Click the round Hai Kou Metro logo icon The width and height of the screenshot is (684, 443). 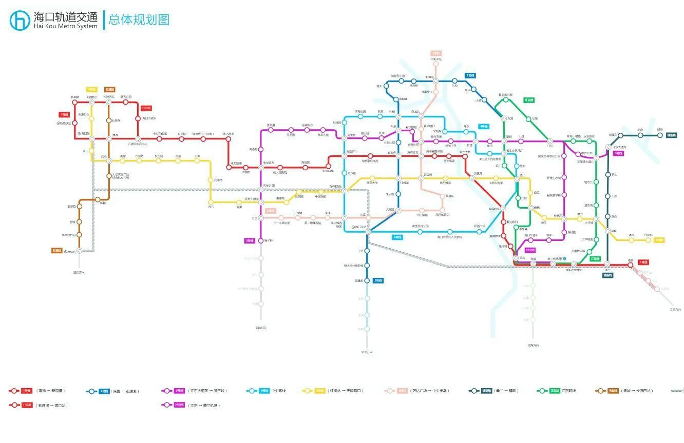pos(20,20)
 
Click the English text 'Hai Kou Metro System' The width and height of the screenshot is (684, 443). pos(65,26)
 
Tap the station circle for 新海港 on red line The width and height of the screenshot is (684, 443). pos(75,102)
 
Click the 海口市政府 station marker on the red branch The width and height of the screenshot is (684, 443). pos(138,118)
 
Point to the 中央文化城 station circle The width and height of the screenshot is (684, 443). pos(159,139)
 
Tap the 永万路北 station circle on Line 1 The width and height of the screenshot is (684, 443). pos(229,139)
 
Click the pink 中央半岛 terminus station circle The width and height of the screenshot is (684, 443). pos(436,64)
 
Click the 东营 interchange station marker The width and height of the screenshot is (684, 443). pos(504,118)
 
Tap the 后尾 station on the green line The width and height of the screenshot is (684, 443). pos(528,119)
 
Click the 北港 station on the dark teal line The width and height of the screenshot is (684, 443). pos(620,135)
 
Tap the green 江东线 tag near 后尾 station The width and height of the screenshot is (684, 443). pos(529,100)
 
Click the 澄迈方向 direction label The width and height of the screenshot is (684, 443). pos(79,272)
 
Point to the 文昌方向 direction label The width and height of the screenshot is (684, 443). pos(675,309)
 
